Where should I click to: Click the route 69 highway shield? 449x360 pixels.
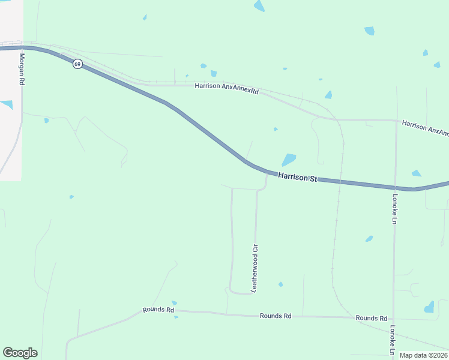coord(77,64)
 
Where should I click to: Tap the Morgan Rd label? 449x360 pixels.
coord(22,68)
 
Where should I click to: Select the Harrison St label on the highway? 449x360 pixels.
coord(297,178)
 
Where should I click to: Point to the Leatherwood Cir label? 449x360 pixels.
coord(255,268)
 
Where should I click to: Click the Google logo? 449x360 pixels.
coord(20,353)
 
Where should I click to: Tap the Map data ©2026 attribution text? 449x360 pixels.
coord(423,355)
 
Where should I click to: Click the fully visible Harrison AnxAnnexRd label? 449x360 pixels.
coord(226,86)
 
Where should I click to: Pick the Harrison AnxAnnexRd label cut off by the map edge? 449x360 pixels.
coord(426,127)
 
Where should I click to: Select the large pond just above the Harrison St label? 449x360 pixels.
coord(289,160)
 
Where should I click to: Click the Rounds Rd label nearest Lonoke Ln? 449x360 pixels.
coord(371,318)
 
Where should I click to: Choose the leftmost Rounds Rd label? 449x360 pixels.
coord(158,310)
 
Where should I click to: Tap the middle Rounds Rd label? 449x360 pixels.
coord(276,316)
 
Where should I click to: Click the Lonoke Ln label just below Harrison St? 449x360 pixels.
coord(395,209)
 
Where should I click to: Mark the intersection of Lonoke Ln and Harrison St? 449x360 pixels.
coord(395,188)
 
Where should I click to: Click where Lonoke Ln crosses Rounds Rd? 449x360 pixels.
coord(393,318)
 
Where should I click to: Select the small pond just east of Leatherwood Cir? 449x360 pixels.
coord(280,284)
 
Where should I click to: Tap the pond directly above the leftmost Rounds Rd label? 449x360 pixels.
coord(174,303)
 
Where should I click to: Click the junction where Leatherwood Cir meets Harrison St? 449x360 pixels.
coord(267,172)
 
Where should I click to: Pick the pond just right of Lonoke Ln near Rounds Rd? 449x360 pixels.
coord(429,307)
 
